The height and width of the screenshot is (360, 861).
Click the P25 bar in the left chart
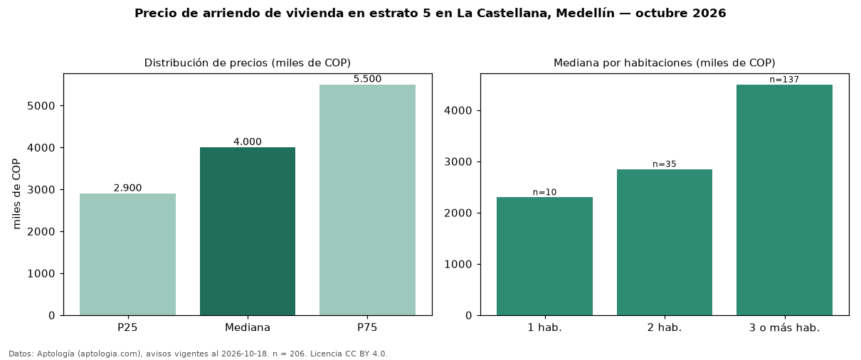coord(127,254)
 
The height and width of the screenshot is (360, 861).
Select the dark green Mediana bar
coord(248,231)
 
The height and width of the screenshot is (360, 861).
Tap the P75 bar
coord(367,200)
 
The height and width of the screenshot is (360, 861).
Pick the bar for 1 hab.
coord(544,256)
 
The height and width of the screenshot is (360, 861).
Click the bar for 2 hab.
coord(665,243)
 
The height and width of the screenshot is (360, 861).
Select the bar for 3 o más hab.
coord(785,200)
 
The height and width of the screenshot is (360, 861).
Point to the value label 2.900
coord(127,188)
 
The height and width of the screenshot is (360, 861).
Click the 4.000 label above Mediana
coord(248,142)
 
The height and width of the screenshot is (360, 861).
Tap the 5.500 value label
coord(367,79)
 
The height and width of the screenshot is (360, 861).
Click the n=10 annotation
coord(544,192)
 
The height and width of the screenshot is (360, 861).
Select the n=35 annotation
coord(665,164)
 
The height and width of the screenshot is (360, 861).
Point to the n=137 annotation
coord(785,80)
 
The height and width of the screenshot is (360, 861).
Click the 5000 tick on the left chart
coord(41,106)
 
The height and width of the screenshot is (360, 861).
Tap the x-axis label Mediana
coord(248,327)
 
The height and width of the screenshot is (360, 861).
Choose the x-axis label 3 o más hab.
coord(785,328)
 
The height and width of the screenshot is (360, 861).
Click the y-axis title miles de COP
coord(16,194)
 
